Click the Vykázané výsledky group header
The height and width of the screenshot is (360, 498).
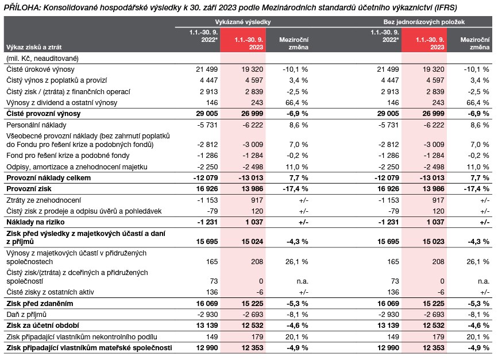coord(246,21)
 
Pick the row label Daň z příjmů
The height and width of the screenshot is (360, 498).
coord(26,315)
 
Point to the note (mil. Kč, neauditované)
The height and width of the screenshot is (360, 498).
coord(42,58)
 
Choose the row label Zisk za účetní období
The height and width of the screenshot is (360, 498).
coord(38,326)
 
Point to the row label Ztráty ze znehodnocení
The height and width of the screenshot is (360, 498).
coord(43,199)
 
